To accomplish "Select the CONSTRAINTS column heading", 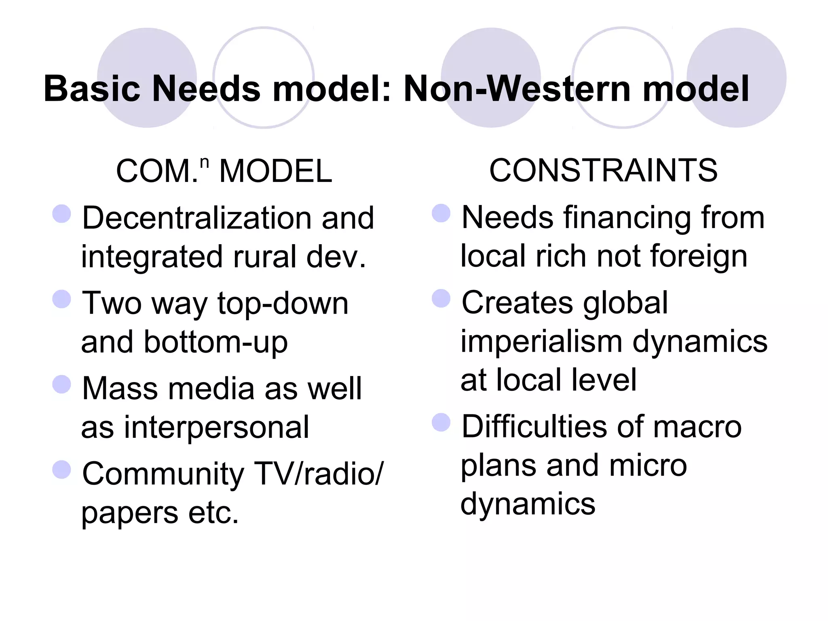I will point(603,170).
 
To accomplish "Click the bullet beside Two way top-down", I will point(62,299).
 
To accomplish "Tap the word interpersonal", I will point(216,427).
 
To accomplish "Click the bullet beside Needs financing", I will point(441,213).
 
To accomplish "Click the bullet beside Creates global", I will point(441,298).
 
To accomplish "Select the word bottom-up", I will point(216,342).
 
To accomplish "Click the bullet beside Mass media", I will point(62,384).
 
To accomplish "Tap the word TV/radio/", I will point(319,473).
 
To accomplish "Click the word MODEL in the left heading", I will point(275,171).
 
